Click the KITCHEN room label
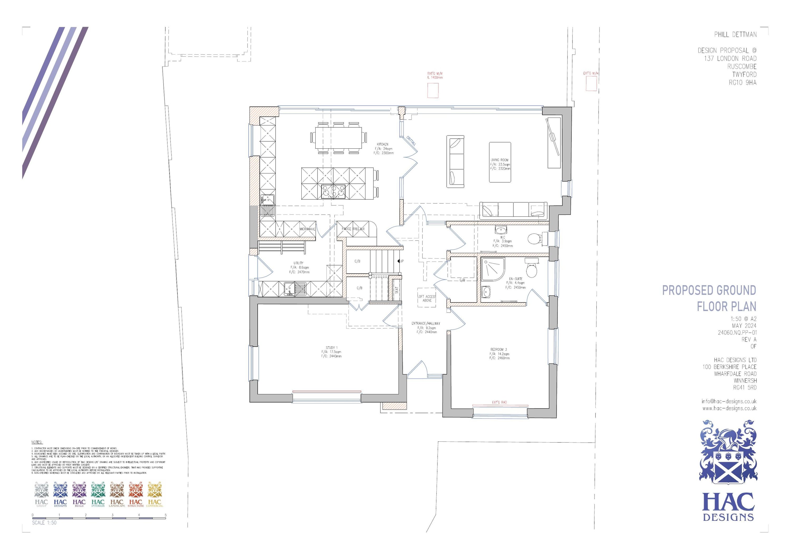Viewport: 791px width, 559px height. pyautogui.click(x=382, y=144)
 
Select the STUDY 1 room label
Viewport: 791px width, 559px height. pyautogui.click(x=332, y=348)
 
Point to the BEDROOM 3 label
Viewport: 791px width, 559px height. pyautogui.click(x=499, y=349)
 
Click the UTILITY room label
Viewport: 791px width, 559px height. pyautogui.click(x=298, y=263)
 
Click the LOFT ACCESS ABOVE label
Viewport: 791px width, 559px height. pyautogui.click(x=427, y=298)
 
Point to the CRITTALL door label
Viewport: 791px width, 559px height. pyautogui.click(x=411, y=140)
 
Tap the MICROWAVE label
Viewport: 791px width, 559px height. pyautogui.click(x=307, y=229)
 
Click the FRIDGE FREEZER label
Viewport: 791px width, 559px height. pyautogui.click(x=353, y=229)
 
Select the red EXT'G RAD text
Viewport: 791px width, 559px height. pyautogui.click(x=499, y=402)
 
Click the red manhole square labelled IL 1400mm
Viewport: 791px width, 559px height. pyautogui.click(x=433, y=90)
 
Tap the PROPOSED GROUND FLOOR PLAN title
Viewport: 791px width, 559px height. pyautogui.click(x=709, y=298)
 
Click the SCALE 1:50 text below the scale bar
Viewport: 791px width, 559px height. pyautogui.click(x=44, y=522)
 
